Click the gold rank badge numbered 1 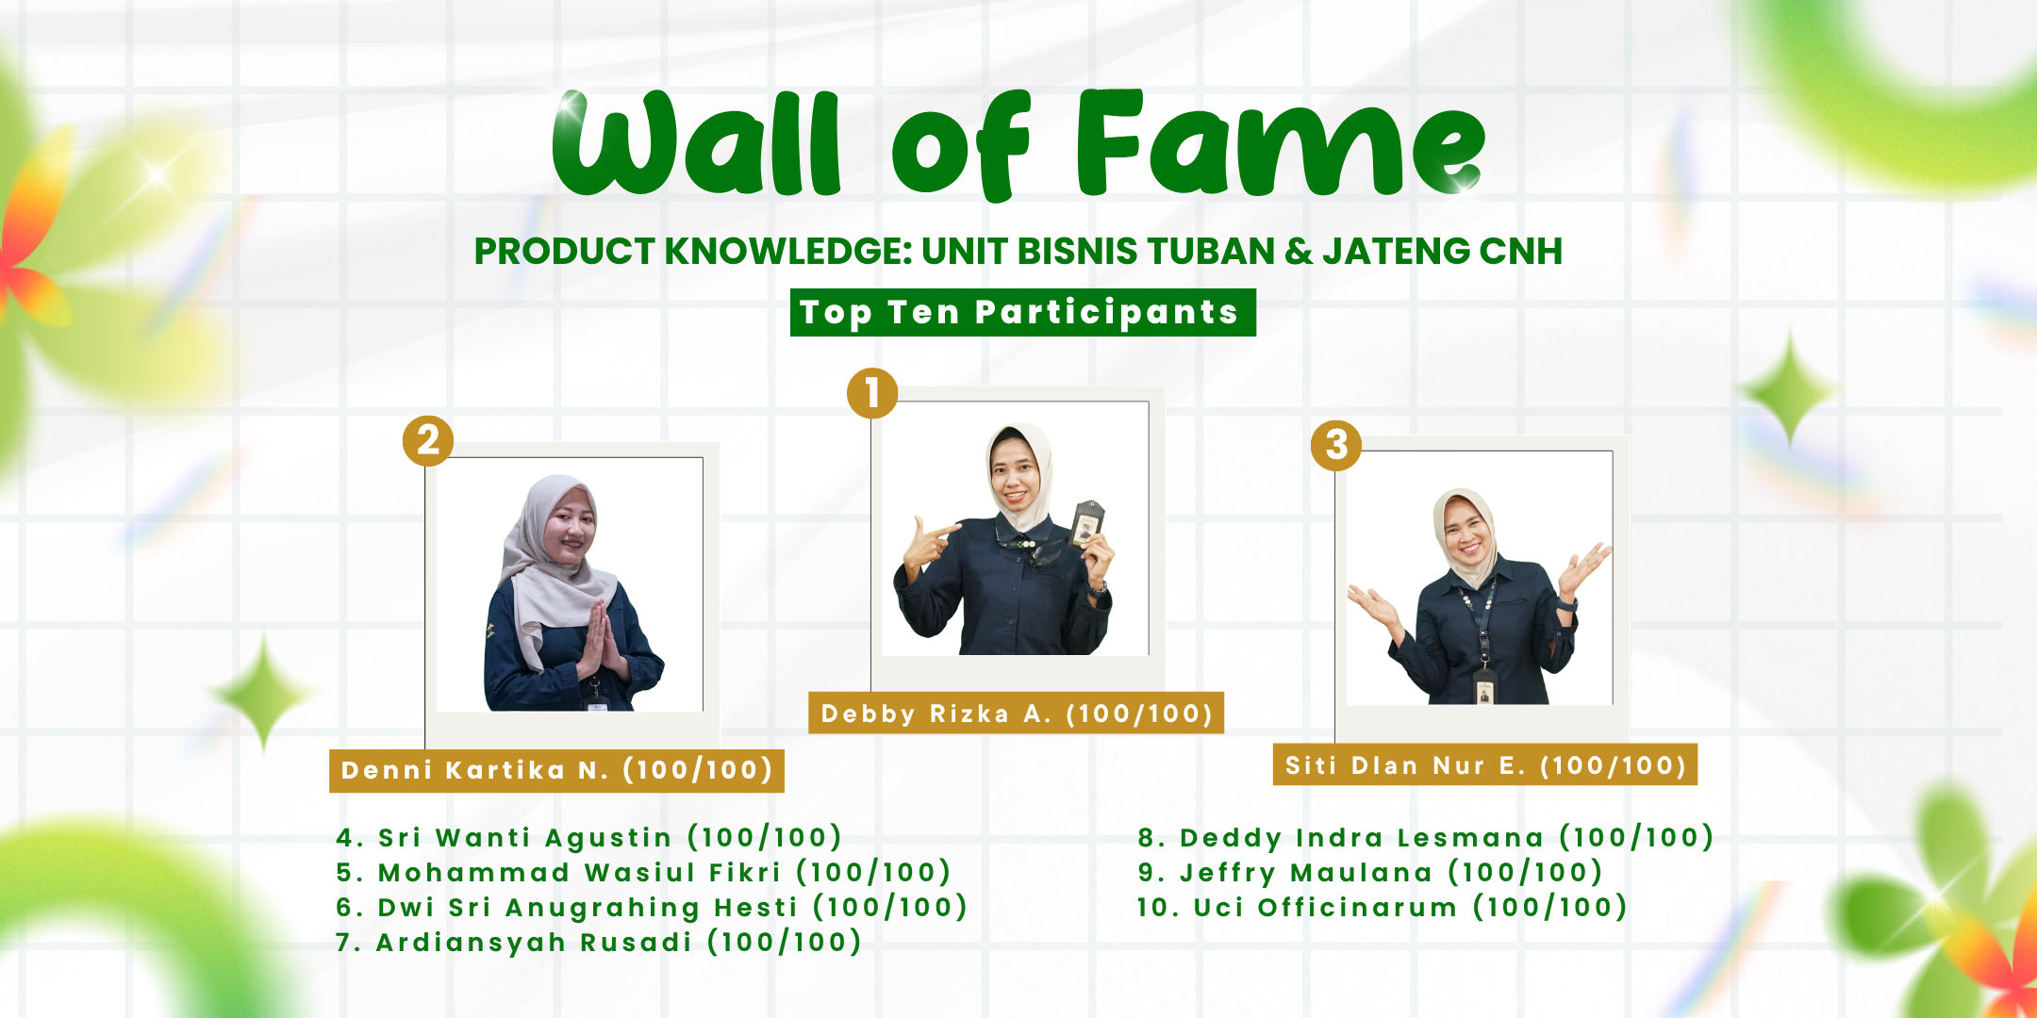click(871, 393)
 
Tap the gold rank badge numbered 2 click(428, 440)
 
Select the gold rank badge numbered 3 click(1336, 445)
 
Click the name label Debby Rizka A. click(1016, 714)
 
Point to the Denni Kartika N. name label click(556, 770)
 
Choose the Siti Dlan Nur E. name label click(1485, 764)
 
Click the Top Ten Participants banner click(1022, 312)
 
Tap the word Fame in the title click(1281, 143)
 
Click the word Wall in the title click(696, 143)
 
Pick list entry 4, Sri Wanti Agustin click(588, 837)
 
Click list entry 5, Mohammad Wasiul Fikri click(643, 872)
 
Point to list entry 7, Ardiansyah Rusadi click(599, 942)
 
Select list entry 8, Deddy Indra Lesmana click(1425, 837)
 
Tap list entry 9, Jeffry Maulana click(1369, 872)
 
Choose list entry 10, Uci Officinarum click(1382, 907)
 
